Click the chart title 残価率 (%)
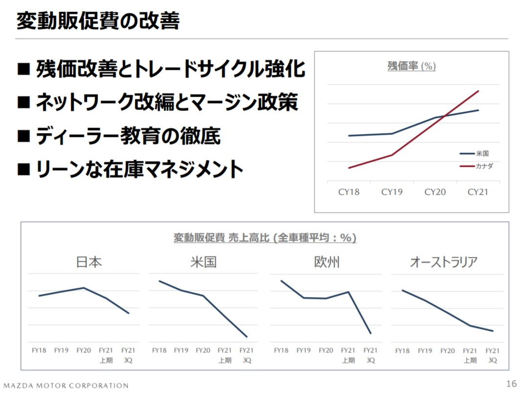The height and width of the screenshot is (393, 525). [x=411, y=66]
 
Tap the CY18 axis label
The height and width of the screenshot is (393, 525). [x=349, y=192]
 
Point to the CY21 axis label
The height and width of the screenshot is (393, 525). [x=478, y=192]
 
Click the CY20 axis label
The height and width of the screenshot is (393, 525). [x=435, y=192]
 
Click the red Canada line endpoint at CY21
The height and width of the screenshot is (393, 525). [x=478, y=91]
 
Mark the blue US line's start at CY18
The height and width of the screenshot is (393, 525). [x=349, y=136]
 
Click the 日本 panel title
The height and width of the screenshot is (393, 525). [x=89, y=262]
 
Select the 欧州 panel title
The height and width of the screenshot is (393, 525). [x=327, y=262]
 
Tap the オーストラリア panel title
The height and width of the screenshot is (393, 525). [x=443, y=262]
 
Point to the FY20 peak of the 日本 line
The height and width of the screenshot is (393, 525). [x=84, y=288]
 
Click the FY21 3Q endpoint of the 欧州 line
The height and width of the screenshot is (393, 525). [x=371, y=333]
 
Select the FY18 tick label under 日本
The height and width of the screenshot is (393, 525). [x=39, y=350]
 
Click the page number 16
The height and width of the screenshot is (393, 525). [x=511, y=383]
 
